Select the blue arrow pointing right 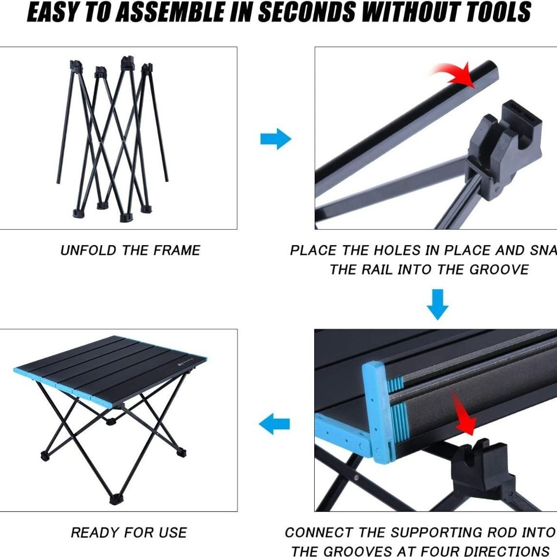tap(276, 139)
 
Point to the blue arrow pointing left tap(274, 424)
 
